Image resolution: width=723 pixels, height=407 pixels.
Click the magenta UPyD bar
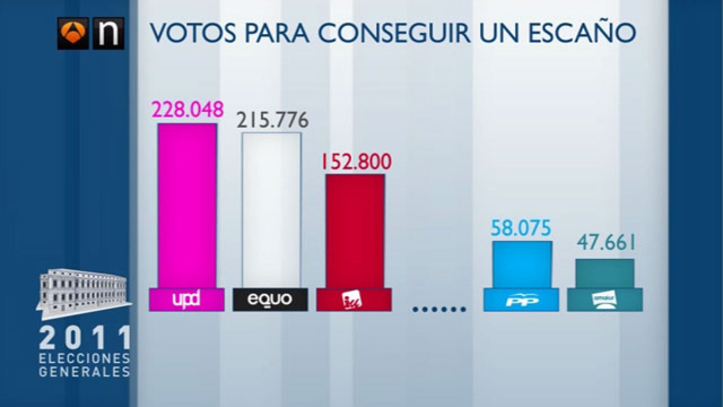click(x=187, y=206)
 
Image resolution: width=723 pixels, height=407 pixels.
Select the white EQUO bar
click(x=271, y=210)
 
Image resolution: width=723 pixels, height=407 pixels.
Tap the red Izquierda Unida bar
click(x=355, y=231)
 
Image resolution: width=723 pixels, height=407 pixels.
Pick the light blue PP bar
click(x=522, y=264)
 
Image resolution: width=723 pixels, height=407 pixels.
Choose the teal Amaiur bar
click(x=605, y=273)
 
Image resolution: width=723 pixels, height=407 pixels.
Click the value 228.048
click(x=188, y=110)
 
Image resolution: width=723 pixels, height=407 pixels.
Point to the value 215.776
click(x=272, y=120)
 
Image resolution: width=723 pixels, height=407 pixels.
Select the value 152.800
click(x=356, y=161)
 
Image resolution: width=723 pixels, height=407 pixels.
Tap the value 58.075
click(x=521, y=228)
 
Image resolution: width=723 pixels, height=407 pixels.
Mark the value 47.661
click(x=606, y=243)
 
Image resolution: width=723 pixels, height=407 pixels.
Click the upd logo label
click(x=186, y=300)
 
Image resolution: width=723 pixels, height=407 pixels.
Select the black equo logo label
click(x=270, y=300)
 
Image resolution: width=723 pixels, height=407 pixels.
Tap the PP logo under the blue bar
click(x=521, y=300)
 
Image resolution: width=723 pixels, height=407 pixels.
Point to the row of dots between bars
click(x=439, y=309)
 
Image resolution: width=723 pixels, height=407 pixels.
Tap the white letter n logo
click(x=109, y=34)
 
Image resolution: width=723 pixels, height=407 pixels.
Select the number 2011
click(x=85, y=338)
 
